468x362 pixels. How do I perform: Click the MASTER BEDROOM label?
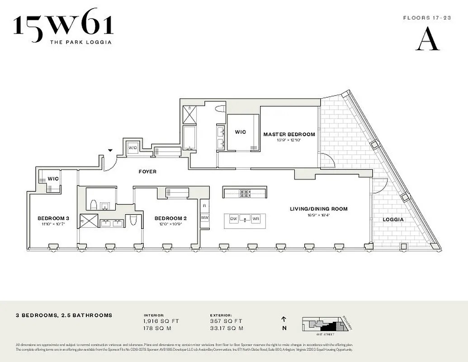pyautogui.click(x=289, y=134)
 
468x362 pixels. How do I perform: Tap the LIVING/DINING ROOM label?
pyautogui.click(x=319, y=209)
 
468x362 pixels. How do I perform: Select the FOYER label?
pyautogui.click(x=147, y=171)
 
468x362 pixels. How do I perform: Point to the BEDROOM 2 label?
pyautogui.click(x=170, y=218)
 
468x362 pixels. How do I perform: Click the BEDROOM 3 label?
pyautogui.click(x=53, y=218)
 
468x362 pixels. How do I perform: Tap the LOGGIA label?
pyautogui.click(x=393, y=219)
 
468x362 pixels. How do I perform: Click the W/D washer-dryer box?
pyautogui.click(x=132, y=148)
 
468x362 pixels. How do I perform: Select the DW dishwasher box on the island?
pyautogui.click(x=234, y=219)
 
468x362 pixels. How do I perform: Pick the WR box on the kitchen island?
pyautogui.click(x=256, y=219)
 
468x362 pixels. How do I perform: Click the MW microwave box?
pyautogui.click(x=204, y=218)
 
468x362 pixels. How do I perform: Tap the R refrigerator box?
pyautogui.click(x=204, y=205)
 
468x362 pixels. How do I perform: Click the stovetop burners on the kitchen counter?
pyautogui.click(x=245, y=193)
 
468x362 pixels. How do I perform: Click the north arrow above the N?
pyautogui.click(x=284, y=319)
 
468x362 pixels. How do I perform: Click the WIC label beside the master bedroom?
pyautogui.click(x=241, y=132)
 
